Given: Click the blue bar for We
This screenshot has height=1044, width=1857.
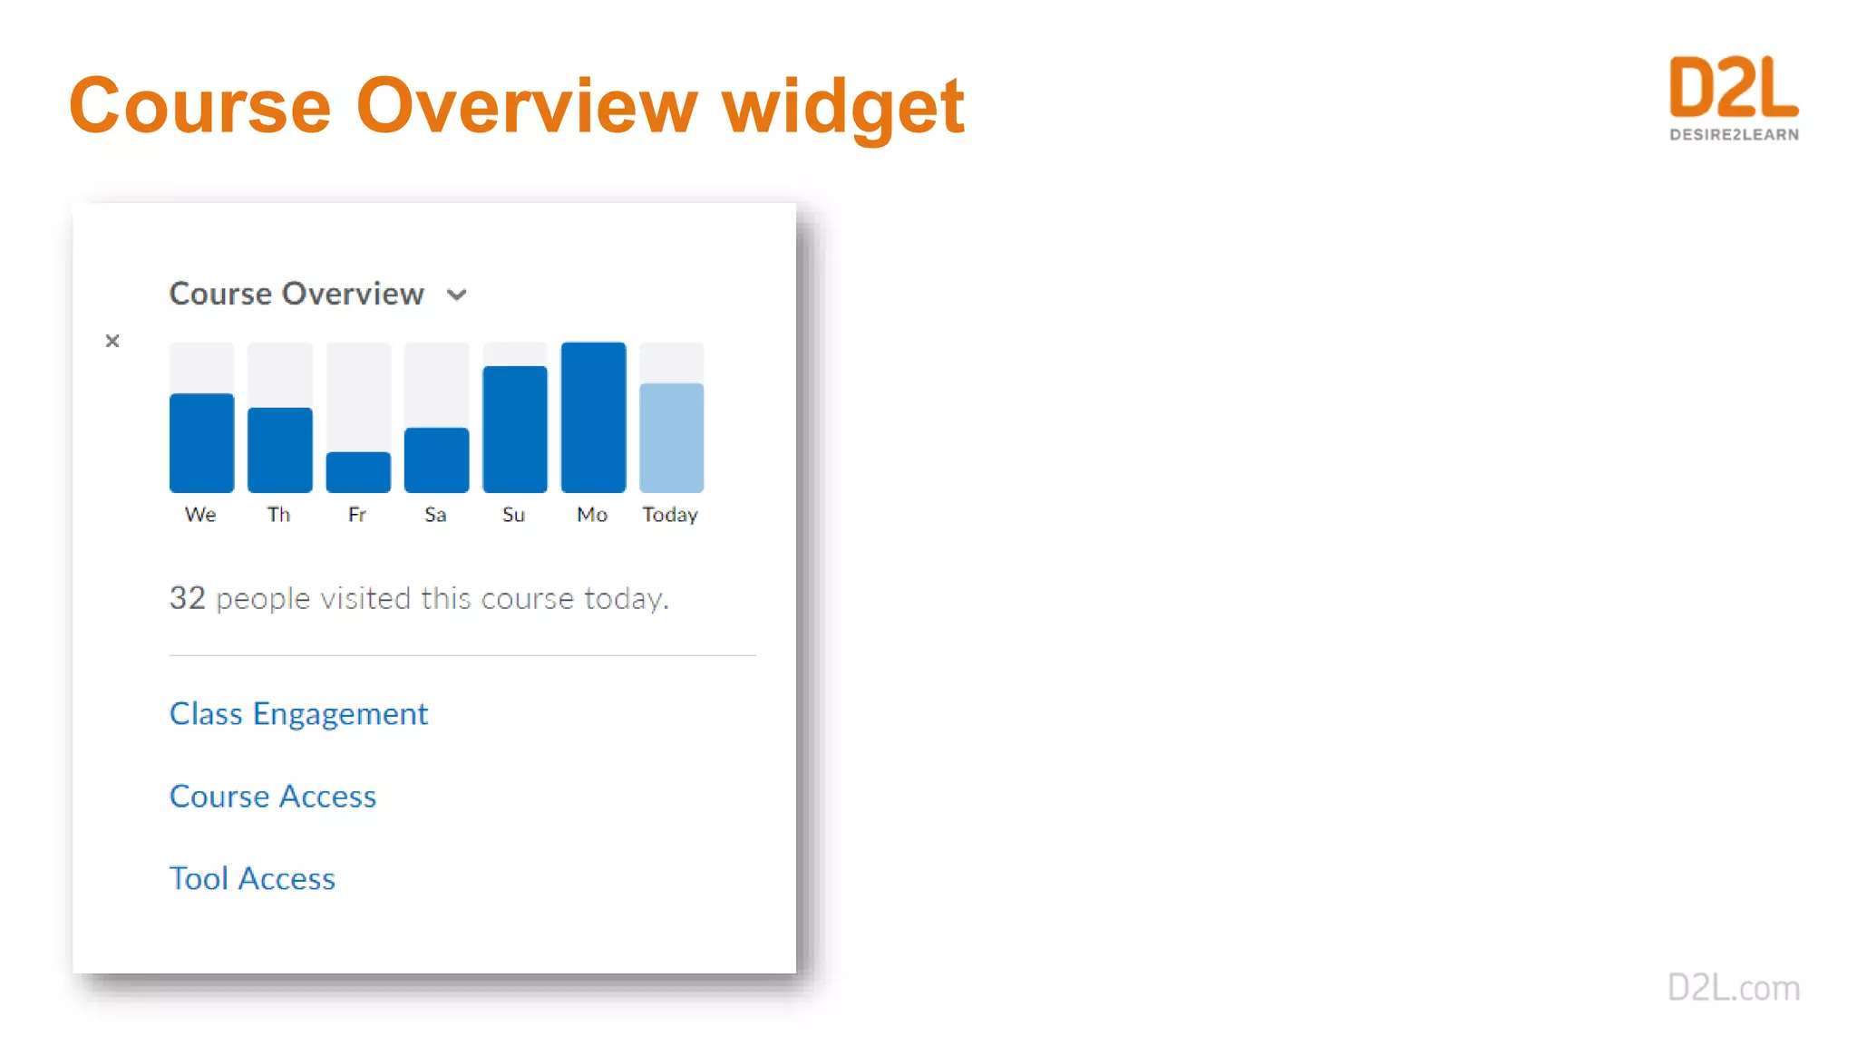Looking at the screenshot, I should (x=201, y=443).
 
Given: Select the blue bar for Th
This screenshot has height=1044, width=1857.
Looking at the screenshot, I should (x=279, y=450).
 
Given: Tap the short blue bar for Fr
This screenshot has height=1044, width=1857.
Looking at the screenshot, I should (x=358, y=472).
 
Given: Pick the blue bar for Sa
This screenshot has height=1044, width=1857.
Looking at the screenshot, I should (x=436, y=460).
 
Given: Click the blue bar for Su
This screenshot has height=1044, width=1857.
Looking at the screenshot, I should (x=515, y=430).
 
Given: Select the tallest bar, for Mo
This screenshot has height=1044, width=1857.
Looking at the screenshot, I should (x=593, y=418).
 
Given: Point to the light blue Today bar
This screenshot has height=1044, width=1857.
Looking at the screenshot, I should (x=671, y=438).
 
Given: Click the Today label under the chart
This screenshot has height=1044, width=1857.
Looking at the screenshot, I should (x=670, y=515).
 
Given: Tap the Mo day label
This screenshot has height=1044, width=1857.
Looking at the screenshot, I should (x=592, y=515).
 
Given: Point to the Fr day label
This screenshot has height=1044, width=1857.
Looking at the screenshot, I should (x=357, y=515).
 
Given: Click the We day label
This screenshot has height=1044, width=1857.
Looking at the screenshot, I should (x=200, y=515).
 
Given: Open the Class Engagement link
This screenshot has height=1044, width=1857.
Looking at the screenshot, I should (x=298, y=714).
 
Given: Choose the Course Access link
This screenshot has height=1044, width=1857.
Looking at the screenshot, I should (x=273, y=797).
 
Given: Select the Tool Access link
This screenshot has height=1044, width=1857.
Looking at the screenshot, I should (x=252, y=879).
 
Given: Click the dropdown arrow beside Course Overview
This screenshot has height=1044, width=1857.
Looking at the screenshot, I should (x=457, y=295).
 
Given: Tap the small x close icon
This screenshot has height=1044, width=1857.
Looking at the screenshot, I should (x=112, y=341).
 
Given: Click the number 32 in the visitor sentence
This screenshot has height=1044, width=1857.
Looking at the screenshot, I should (x=188, y=598).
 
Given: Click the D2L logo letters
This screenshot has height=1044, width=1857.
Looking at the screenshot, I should (x=1734, y=88).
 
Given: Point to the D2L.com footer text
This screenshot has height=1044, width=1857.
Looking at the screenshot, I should (x=1734, y=988).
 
